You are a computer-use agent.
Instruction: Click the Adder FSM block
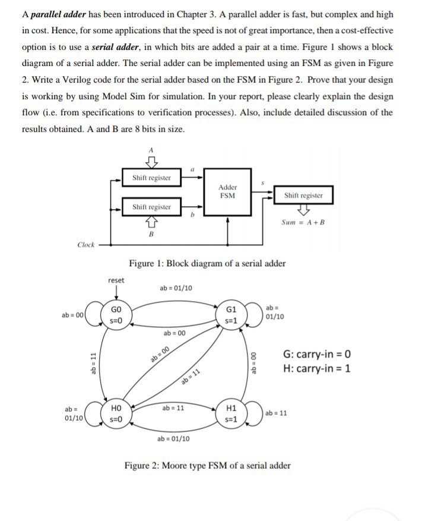pyautogui.click(x=227, y=191)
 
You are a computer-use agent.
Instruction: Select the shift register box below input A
pyautogui.click(x=151, y=178)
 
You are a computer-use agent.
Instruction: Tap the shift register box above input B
pyautogui.click(x=151, y=207)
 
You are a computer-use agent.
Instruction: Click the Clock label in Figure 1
pyautogui.click(x=87, y=244)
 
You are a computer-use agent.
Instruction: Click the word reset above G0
pyautogui.click(x=116, y=280)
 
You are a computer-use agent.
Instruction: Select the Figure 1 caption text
pyautogui.click(x=207, y=263)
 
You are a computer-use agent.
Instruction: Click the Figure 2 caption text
pyautogui.click(x=207, y=465)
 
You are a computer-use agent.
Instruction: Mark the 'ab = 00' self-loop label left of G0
pyautogui.click(x=73, y=315)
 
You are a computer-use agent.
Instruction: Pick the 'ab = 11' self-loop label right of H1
pyautogui.click(x=277, y=413)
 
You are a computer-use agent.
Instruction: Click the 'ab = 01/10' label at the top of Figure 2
pyautogui.click(x=176, y=289)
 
